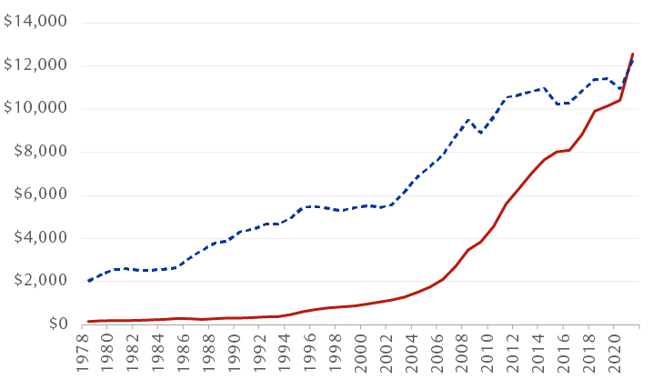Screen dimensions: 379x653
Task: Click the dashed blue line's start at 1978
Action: (x=88, y=281)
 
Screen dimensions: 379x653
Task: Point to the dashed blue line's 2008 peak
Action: (x=468, y=119)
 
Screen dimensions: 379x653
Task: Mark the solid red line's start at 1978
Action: (x=88, y=322)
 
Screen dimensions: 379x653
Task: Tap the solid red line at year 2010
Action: (x=493, y=227)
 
